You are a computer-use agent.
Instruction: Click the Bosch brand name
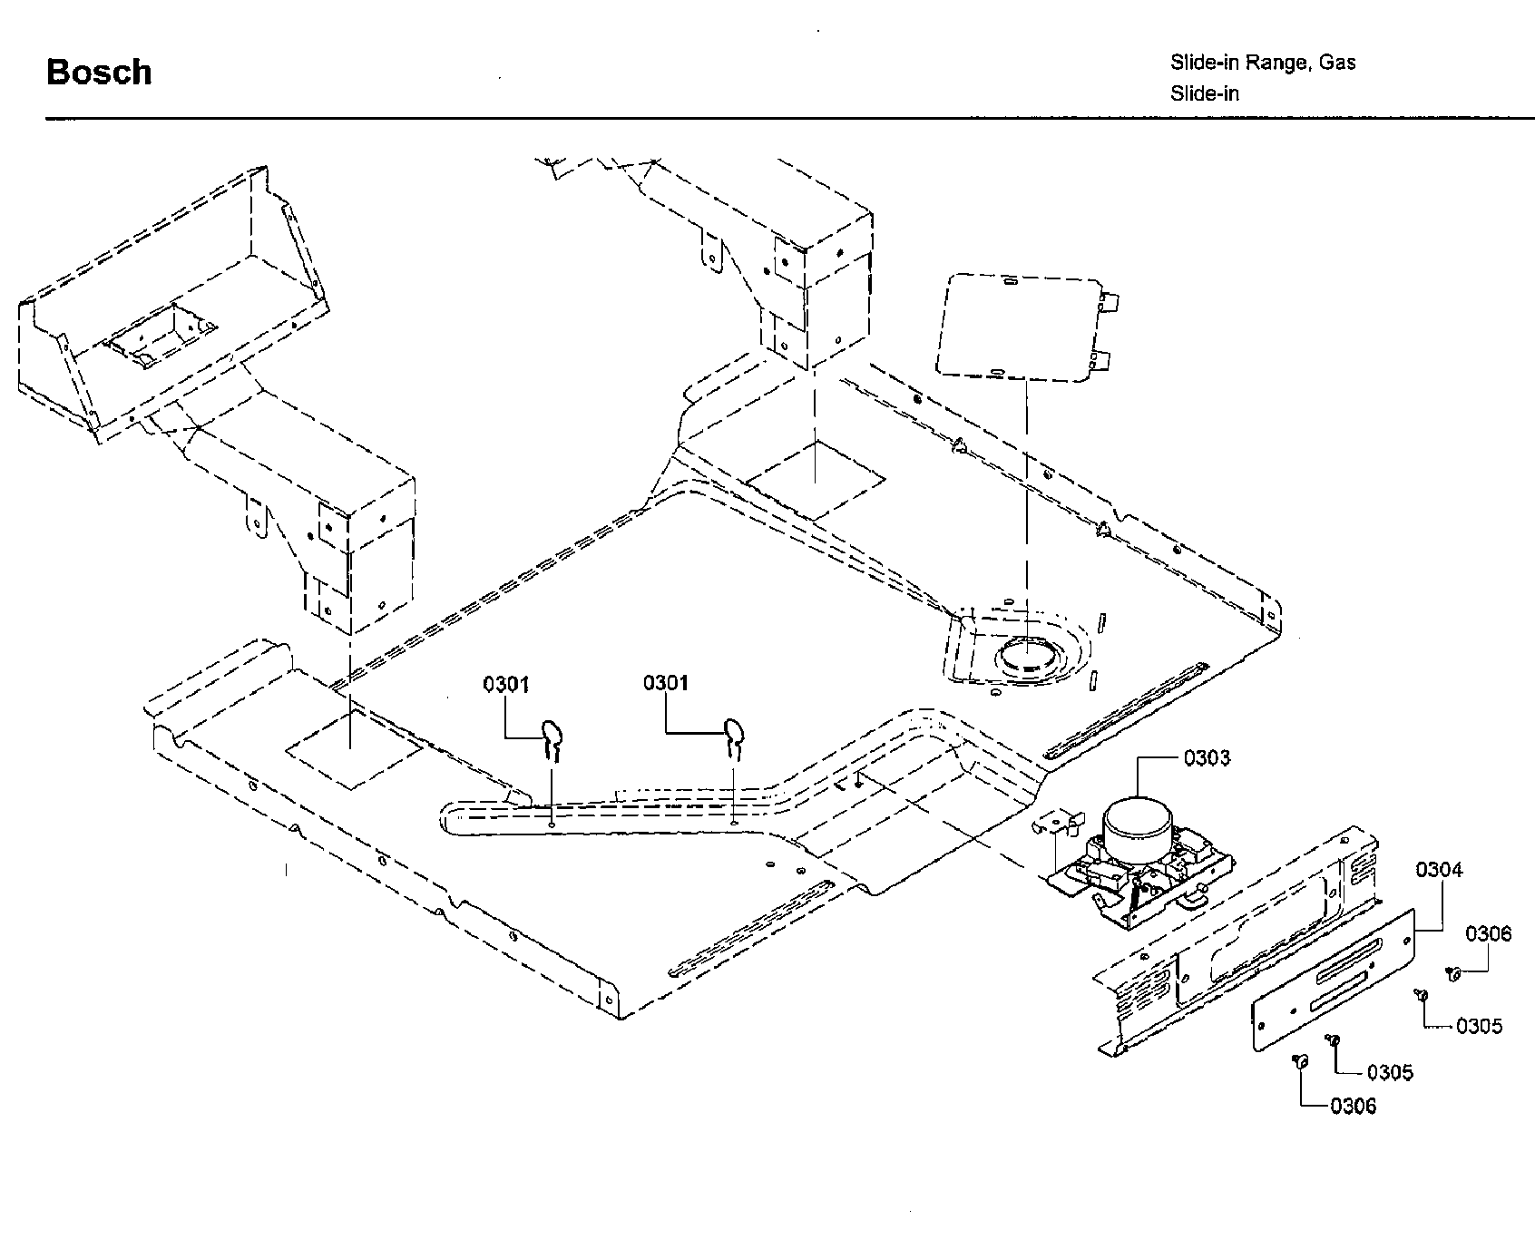99,73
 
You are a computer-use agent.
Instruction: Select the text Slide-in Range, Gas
1263,63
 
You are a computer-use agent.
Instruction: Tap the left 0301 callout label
505,684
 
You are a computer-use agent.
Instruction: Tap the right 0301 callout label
666,683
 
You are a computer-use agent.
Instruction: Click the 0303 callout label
1207,758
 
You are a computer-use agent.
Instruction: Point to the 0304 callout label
1440,870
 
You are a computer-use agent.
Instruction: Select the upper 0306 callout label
1489,934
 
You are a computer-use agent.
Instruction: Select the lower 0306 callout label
1353,1106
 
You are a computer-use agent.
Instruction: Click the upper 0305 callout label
1479,1026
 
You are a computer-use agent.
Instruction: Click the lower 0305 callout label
1390,1073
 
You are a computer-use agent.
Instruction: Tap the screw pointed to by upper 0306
1453,974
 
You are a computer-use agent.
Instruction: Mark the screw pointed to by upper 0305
1421,996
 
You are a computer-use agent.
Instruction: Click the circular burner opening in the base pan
1027,654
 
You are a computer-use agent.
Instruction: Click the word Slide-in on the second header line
1204,93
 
